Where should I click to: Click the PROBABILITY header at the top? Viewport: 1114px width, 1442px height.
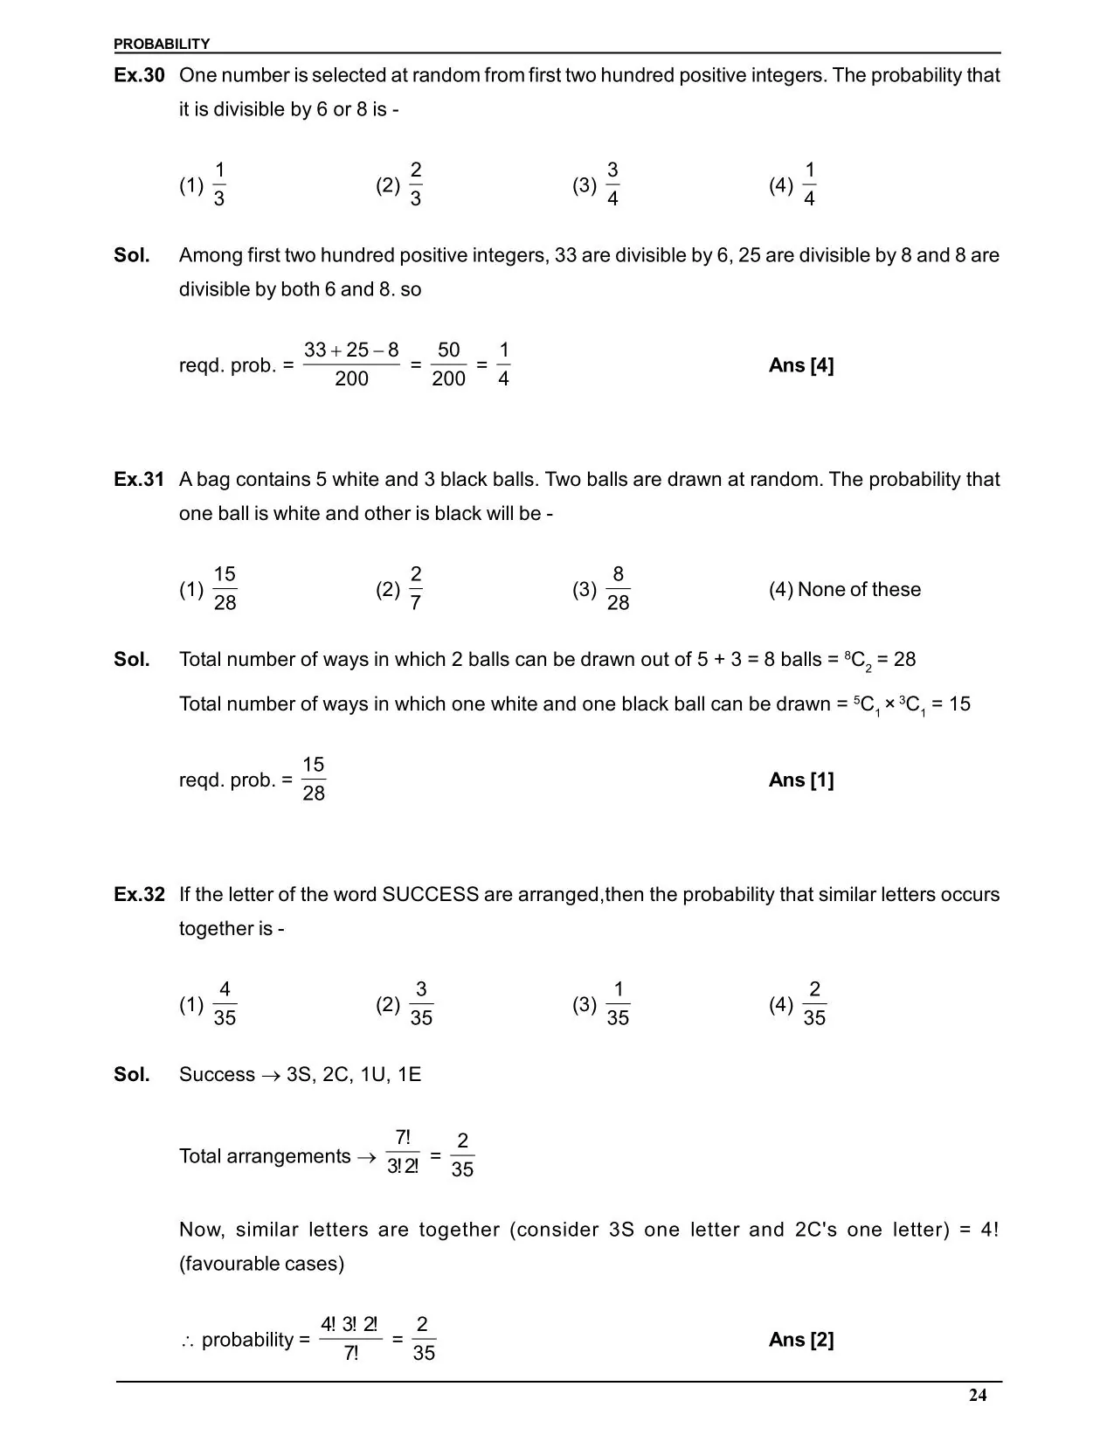162,44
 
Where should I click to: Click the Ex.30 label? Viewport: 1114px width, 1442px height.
139,75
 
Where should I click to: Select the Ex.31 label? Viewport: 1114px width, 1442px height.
139,479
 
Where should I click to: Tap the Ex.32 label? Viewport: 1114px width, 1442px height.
139,894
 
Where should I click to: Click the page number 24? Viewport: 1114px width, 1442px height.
978,1396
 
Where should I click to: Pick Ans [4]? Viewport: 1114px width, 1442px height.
801,365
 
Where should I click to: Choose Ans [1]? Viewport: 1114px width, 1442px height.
801,780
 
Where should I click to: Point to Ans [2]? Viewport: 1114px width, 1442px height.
801,1340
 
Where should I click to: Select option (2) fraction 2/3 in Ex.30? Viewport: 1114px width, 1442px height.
415,184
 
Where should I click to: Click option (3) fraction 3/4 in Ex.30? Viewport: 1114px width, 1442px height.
612,184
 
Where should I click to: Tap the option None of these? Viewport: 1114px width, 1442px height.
845,589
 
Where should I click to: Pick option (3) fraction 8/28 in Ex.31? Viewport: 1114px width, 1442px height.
618,588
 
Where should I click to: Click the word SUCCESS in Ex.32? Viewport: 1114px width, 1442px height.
431,894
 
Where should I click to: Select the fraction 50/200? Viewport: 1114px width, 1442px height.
448,364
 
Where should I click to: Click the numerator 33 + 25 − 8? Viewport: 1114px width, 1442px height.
351,350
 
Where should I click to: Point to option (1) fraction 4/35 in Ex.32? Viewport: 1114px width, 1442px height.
225,1003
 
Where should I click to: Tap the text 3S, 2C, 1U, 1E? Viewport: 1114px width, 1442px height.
354,1074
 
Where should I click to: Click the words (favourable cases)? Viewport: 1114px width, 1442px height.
261,1264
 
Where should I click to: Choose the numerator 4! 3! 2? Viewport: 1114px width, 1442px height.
349,1325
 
